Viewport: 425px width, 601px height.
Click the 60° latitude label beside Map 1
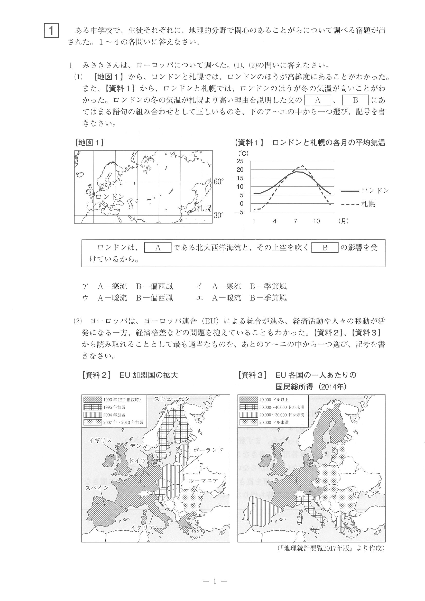[x=219, y=182]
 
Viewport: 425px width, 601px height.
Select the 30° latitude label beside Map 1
[x=219, y=215]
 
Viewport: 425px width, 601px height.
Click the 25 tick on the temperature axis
[x=240, y=161]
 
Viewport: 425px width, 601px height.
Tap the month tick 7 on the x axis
[x=295, y=221]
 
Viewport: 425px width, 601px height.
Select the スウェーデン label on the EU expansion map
[x=172, y=399]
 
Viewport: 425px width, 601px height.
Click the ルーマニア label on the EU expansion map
[x=203, y=481]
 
